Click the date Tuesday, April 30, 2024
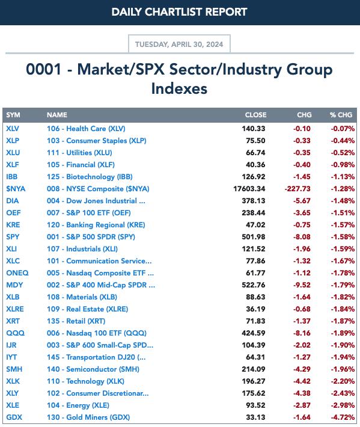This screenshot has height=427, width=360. (179, 44)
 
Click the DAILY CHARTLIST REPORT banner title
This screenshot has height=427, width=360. (179, 12)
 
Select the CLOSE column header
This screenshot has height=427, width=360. (255, 115)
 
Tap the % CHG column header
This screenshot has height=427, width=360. (341, 115)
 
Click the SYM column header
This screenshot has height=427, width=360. (13, 115)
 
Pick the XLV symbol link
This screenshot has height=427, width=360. (13, 129)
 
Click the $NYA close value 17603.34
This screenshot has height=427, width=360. (249, 189)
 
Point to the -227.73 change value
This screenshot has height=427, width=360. (297, 189)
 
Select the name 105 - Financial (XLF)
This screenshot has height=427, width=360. (81, 165)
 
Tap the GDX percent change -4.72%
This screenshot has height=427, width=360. (343, 417)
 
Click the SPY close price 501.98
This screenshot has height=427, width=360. (254, 237)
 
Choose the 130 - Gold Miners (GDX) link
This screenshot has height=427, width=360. (88, 417)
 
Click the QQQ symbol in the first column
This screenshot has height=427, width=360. (15, 333)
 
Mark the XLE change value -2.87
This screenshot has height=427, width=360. (302, 405)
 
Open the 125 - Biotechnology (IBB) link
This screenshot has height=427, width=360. (90, 177)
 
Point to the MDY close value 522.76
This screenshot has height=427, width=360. (254, 285)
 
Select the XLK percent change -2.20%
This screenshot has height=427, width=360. (343, 381)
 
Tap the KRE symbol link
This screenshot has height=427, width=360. (13, 225)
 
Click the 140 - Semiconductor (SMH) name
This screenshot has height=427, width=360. (93, 369)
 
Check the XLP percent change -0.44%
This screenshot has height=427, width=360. (343, 141)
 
